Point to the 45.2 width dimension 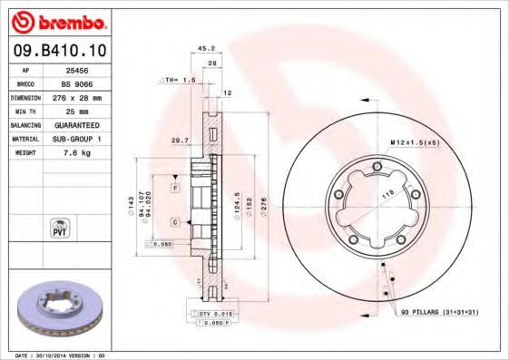pyautogui.click(x=205, y=49)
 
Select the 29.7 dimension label pyautogui.click(x=180, y=140)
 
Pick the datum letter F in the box pyautogui.click(x=174, y=187)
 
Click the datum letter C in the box pyautogui.click(x=174, y=221)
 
